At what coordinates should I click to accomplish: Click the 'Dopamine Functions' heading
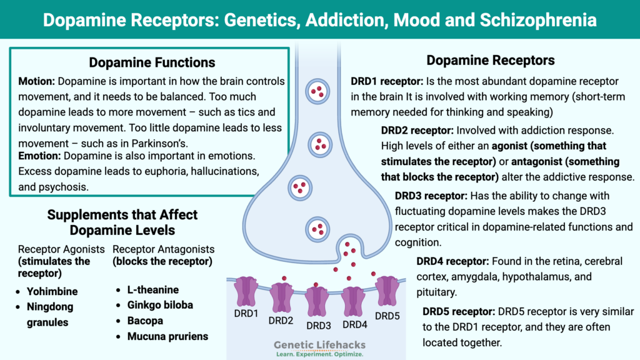[152, 62]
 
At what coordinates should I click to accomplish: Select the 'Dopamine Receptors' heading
[491, 61]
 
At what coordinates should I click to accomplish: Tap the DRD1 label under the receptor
[246, 312]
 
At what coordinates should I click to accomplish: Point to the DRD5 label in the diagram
[387, 315]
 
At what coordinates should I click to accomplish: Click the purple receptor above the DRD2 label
[281, 297]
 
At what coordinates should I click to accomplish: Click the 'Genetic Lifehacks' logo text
[321, 344]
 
